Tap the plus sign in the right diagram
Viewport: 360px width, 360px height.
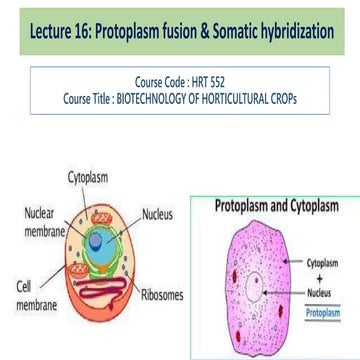[319, 270]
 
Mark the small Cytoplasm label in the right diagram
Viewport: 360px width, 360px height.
[319, 258]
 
